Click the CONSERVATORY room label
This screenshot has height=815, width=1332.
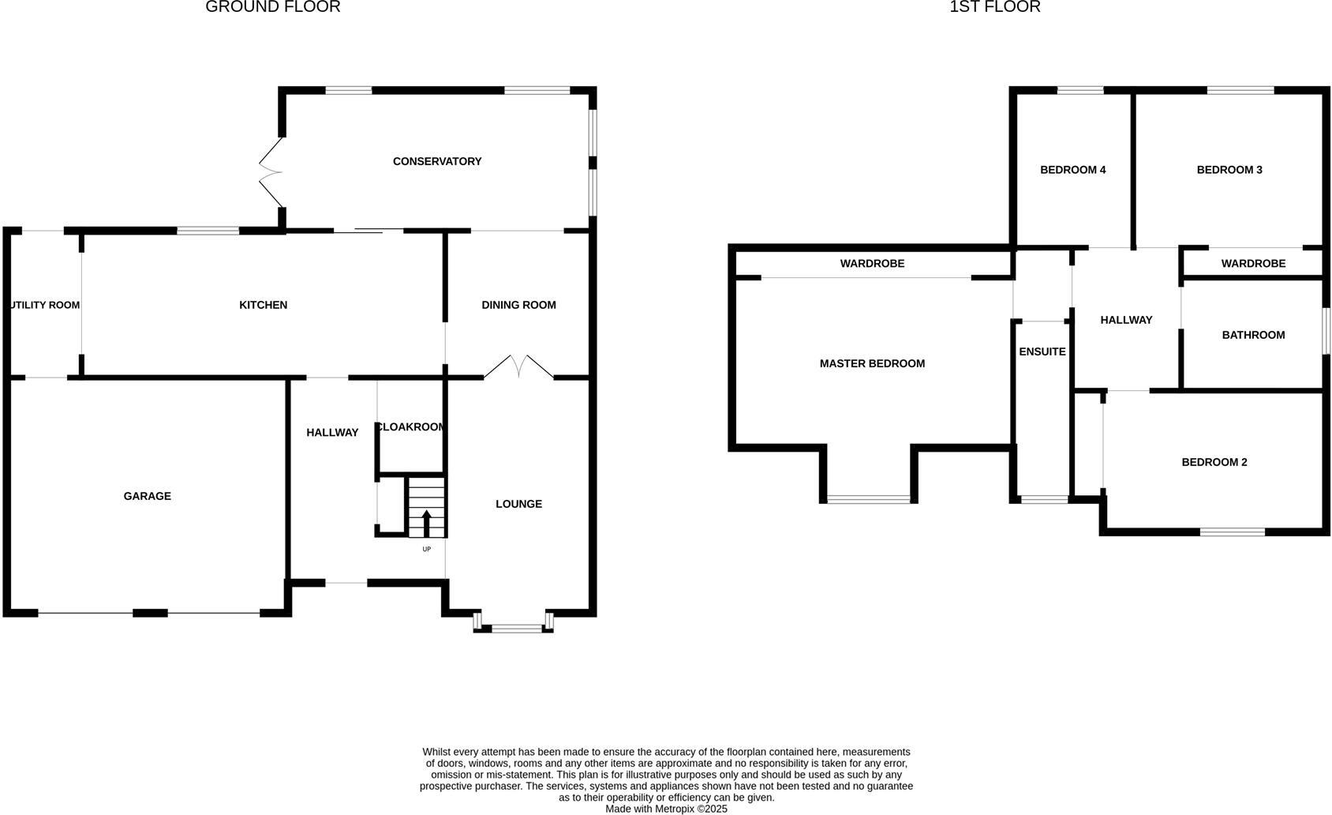tap(437, 161)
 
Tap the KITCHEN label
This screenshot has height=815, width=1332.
tap(263, 305)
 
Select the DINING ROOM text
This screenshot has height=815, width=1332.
tap(518, 305)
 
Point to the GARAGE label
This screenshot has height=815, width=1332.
tap(147, 496)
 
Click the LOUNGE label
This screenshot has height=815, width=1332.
tap(518, 504)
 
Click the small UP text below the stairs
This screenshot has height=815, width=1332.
tap(427, 549)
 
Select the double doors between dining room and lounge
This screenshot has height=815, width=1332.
tap(518, 367)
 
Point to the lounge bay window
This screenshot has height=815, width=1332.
tap(513, 629)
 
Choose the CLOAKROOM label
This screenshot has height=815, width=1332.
tap(411, 427)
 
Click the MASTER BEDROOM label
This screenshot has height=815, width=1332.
tap(872, 363)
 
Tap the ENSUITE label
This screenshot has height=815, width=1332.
tap(1042, 351)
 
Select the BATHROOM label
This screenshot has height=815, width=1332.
tap(1253, 335)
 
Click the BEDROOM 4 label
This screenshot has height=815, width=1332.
tap(1072, 170)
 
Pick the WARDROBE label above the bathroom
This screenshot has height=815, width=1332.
tap(1253, 264)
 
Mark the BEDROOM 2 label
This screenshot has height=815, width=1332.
tap(1214, 462)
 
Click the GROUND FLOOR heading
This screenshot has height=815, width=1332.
tap(273, 7)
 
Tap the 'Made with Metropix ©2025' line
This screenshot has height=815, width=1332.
tap(666, 809)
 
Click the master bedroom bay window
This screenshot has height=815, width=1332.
tap(869, 499)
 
